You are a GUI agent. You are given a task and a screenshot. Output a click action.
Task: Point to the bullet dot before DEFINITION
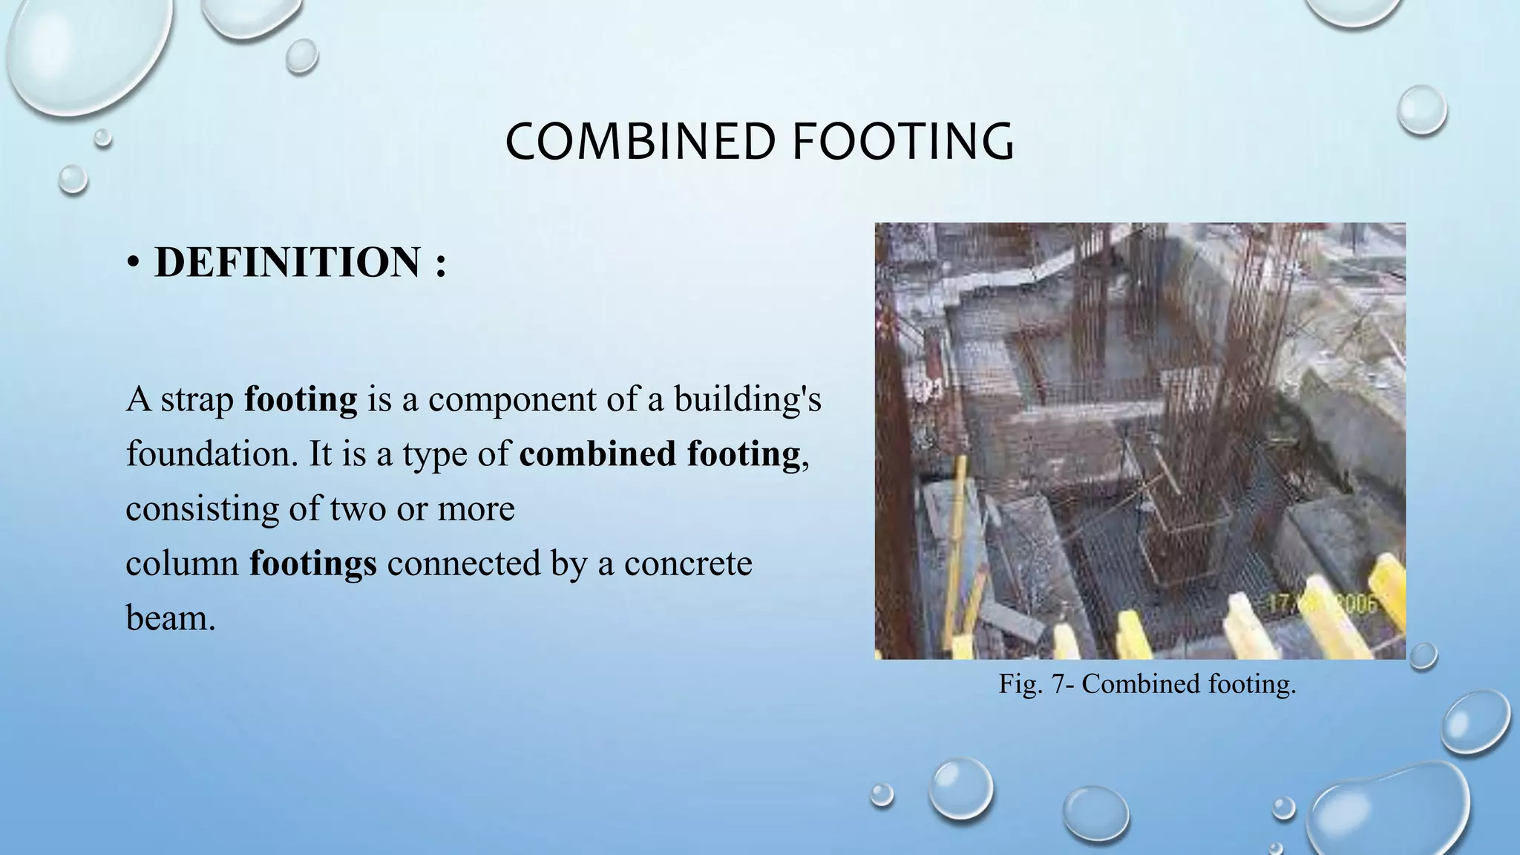pos(133,264)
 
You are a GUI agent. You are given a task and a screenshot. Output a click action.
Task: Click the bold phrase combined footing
pos(660,453)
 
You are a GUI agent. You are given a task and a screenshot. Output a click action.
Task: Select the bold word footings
pos(312,563)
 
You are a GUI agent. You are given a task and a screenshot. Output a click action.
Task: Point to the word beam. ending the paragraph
pos(171,617)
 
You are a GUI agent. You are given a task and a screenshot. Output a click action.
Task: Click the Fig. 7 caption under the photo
pos(1147,684)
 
